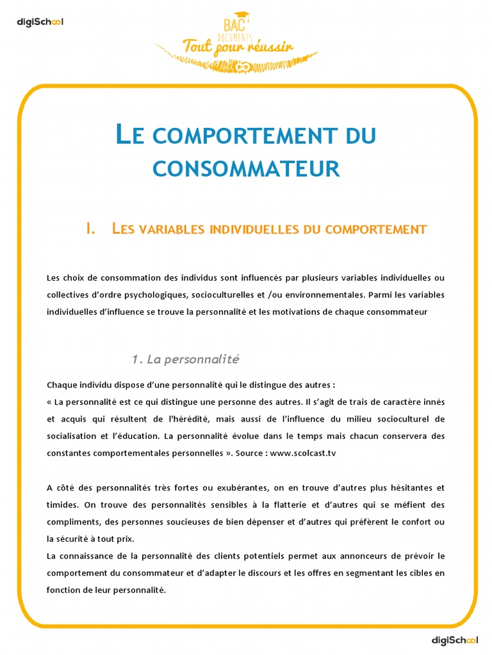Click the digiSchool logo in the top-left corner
[40, 22]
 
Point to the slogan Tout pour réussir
[229, 47]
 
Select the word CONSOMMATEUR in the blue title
[246, 168]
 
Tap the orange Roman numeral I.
[90, 229]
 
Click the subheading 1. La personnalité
[185, 359]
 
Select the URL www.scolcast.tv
[303, 452]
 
